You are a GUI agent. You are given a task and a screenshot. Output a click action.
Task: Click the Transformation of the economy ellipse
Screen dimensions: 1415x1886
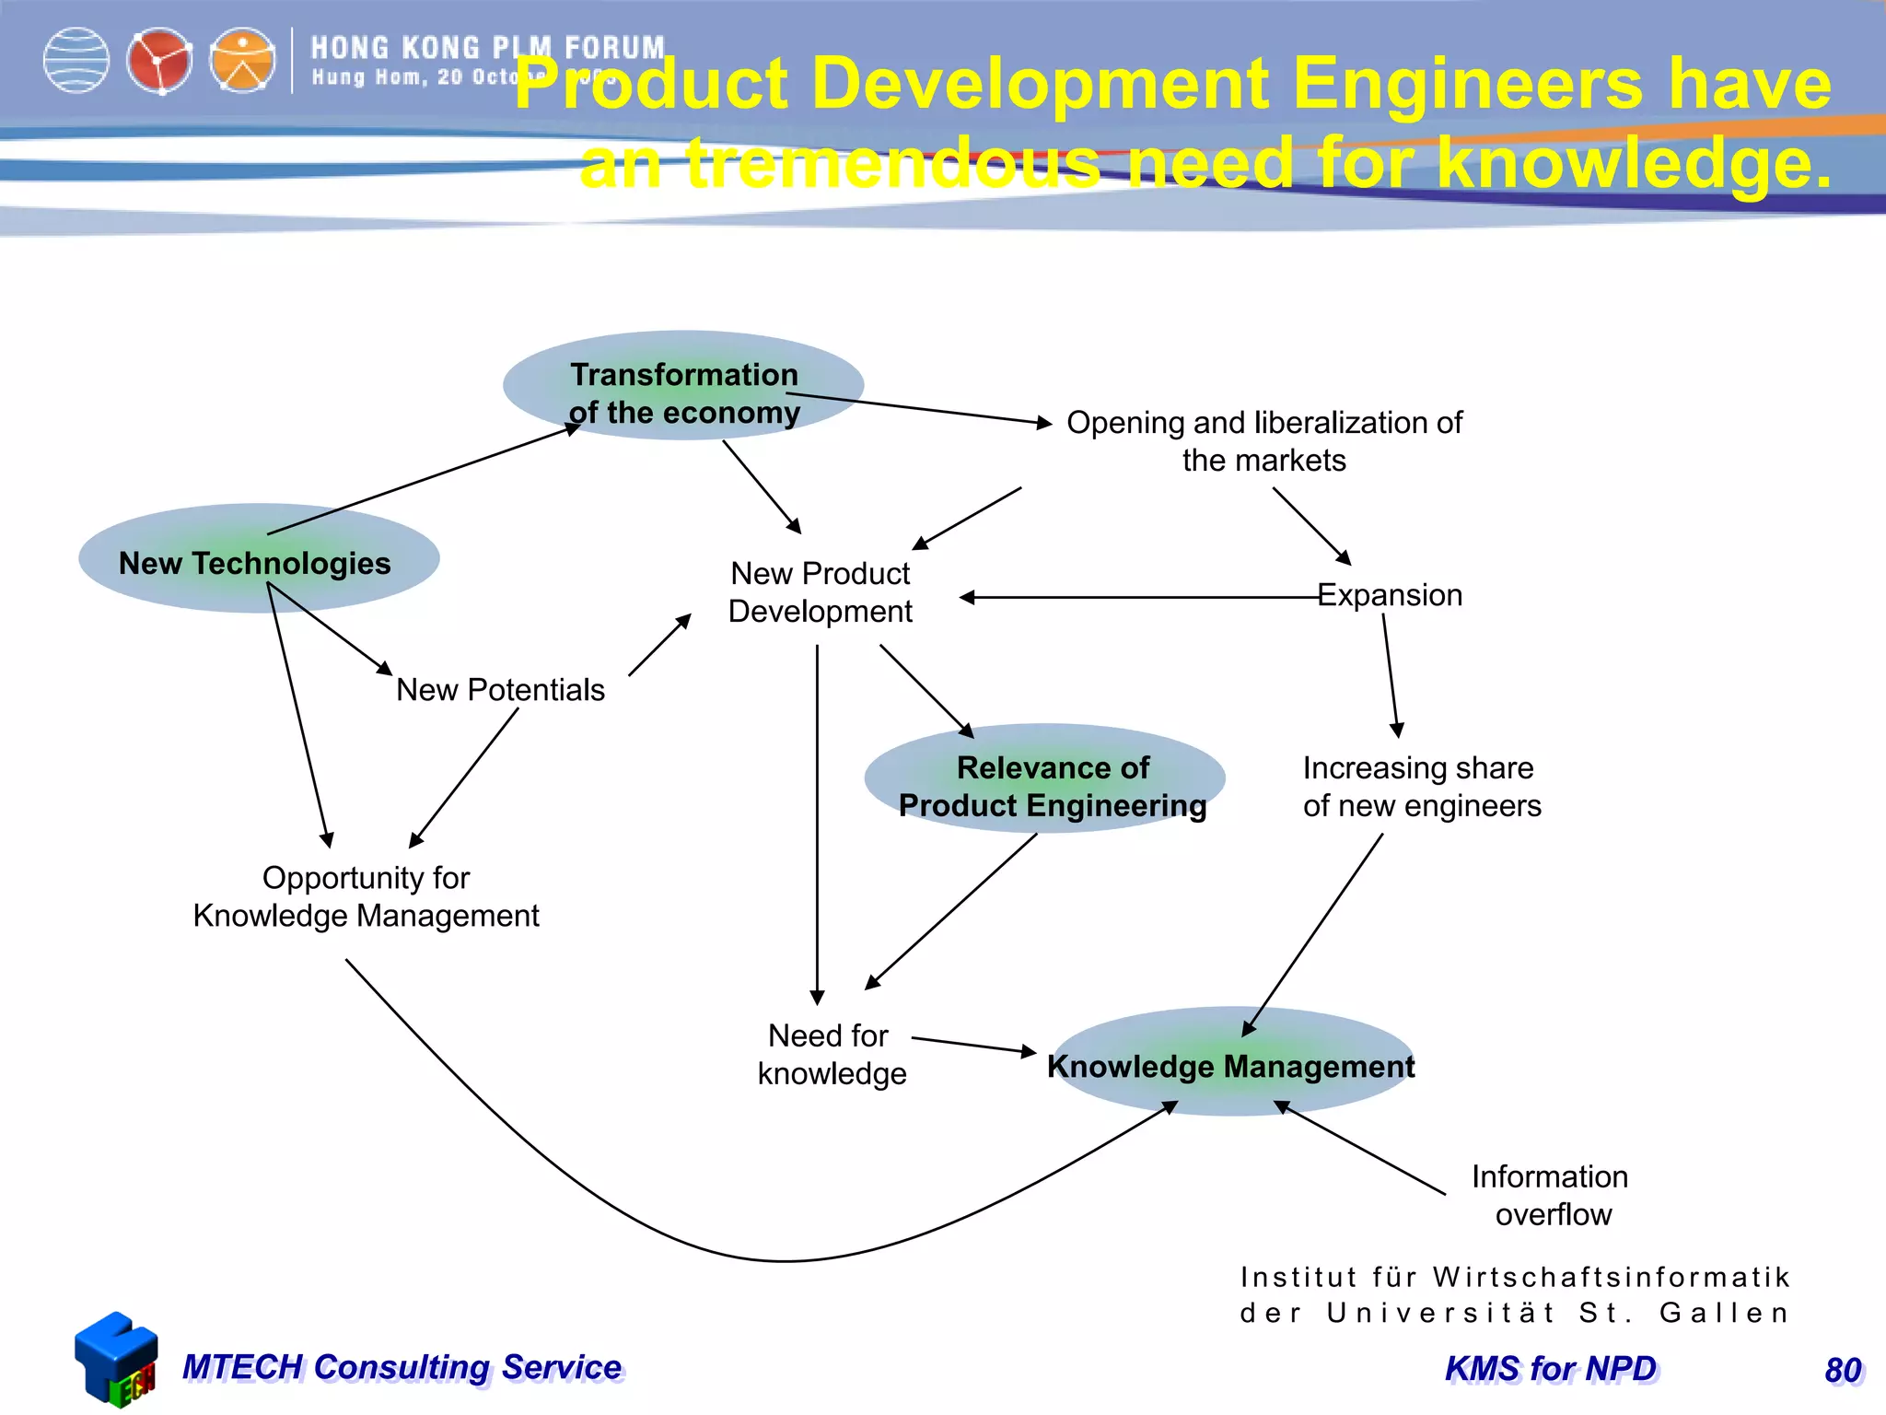point(683,385)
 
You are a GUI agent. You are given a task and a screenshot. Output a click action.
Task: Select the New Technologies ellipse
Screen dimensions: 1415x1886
point(259,558)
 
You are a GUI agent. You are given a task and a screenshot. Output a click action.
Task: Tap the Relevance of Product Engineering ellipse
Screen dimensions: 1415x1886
point(1044,778)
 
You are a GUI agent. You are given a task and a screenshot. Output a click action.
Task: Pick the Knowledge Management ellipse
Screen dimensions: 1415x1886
point(1231,1061)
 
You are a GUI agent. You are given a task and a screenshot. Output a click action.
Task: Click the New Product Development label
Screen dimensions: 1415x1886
point(820,592)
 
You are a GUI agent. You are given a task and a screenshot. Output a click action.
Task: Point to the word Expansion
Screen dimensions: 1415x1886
point(1390,595)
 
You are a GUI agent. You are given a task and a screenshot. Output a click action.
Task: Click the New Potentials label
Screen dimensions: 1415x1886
point(500,690)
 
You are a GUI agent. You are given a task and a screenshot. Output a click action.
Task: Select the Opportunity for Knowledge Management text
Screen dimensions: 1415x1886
point(366,896)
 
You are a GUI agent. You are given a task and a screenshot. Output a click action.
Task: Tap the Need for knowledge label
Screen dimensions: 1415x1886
point(831,1055)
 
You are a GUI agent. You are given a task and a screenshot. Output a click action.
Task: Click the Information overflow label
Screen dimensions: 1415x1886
point(1552,1195)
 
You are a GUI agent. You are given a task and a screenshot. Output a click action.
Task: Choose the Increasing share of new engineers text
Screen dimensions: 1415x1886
point(1421,787)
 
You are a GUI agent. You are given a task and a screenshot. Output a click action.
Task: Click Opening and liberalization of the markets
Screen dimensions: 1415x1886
point(1263,440)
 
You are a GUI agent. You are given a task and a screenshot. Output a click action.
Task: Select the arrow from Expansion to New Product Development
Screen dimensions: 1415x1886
point(1142,598)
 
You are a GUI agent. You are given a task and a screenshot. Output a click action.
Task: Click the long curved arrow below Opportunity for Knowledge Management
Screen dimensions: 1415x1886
point(783,1260)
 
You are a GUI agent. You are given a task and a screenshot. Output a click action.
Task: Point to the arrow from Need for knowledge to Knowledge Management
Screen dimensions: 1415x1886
point(974,1046)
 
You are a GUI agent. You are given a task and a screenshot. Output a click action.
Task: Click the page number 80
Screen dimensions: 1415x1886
point(1843,1371)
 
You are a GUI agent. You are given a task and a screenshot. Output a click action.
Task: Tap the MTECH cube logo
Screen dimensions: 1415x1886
point(117,1360)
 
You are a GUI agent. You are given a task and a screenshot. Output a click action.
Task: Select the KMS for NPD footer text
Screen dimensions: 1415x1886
point(1551,1369)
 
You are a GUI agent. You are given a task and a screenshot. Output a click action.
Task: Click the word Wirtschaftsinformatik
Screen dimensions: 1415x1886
point(1612,1277)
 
